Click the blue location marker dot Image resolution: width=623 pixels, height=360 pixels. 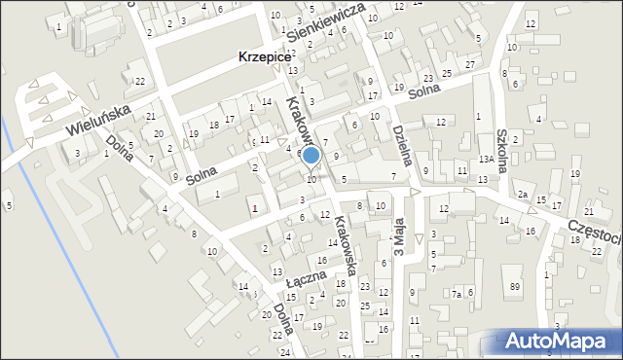(311, 155)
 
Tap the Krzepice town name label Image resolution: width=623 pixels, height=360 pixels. (265, 57)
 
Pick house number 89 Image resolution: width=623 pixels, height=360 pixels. (515, 285)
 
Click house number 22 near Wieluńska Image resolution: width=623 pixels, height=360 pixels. (141, 81)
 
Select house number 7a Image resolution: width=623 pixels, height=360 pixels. (456, 293)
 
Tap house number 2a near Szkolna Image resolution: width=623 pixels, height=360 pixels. (523, 196)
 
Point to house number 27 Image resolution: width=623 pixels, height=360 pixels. (470, 64)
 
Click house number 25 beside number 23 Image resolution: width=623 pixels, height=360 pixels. (447, 74)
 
